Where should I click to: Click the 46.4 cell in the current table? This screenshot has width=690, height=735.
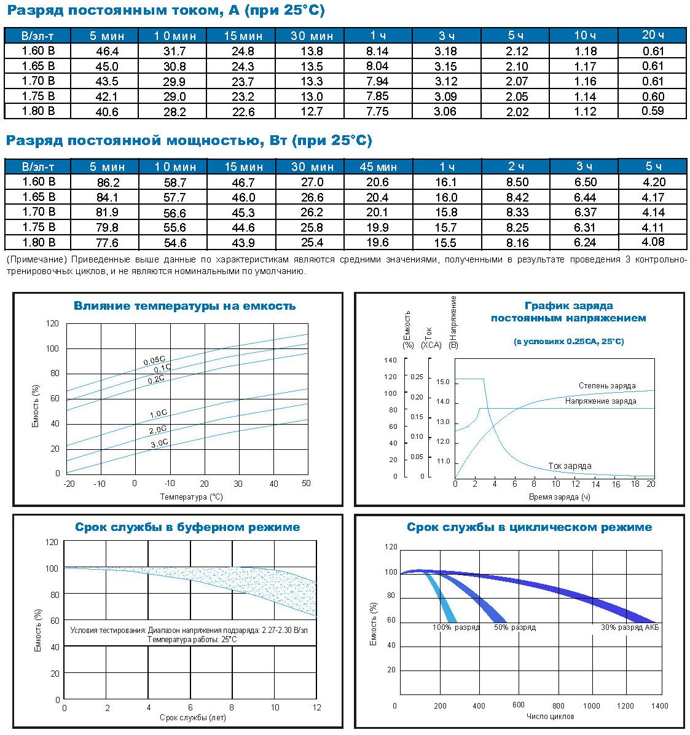(107, 51)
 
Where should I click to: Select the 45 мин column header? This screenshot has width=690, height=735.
(378, 167)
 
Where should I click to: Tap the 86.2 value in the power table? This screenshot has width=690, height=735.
(108, 183)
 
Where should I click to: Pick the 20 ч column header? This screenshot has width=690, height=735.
(653, 35)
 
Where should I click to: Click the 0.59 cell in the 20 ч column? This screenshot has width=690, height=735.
(653, 111)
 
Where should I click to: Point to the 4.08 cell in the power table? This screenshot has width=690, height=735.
(653, 242)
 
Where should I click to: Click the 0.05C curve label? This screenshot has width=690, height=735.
(154, 361)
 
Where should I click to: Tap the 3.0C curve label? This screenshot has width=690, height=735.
(159, 443)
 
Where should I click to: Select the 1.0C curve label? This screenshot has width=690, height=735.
(159, 414)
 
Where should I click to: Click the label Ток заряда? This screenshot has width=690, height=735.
(570, 466)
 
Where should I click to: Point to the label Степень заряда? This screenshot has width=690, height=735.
(607, 386)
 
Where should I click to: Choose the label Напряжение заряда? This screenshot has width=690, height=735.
(600, 401)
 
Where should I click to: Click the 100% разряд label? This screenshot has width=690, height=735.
(456, 627)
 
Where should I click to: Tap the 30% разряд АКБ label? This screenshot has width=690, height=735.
(630, 627)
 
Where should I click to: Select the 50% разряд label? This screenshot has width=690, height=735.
(515, 627)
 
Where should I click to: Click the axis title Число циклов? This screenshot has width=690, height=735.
(550, 716)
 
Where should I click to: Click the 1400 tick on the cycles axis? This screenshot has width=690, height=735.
(659, 706)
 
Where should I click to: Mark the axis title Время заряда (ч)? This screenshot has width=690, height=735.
(559, 497)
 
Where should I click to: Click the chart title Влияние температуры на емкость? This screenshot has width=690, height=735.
(185, 306)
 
